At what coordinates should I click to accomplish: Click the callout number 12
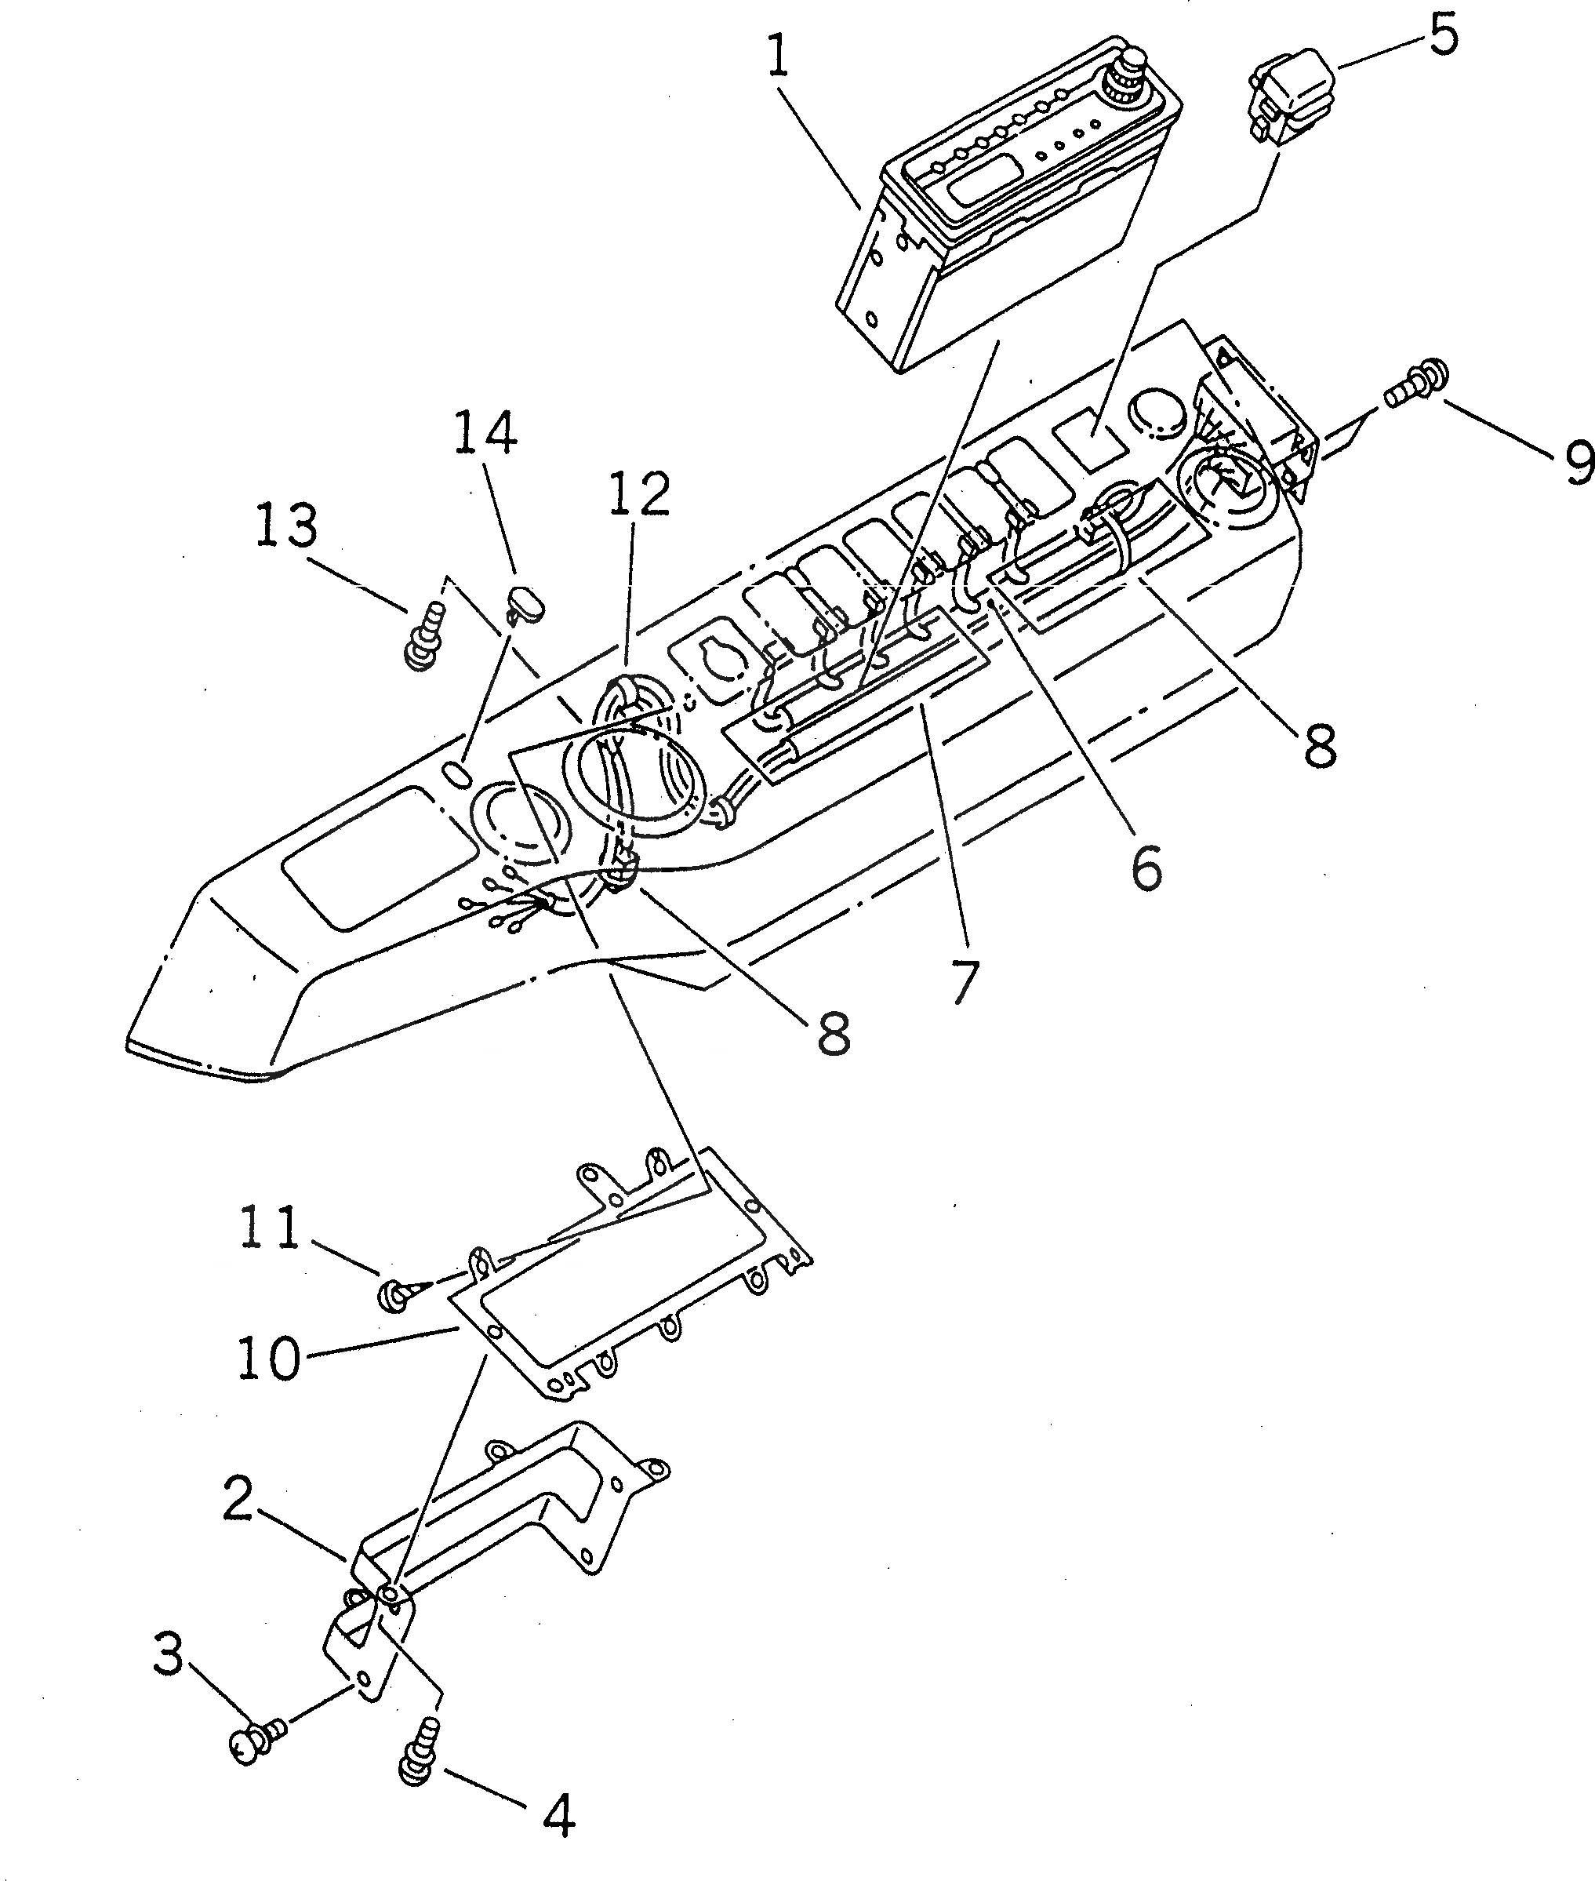point(638,495)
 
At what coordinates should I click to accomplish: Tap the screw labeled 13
point(425,638)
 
